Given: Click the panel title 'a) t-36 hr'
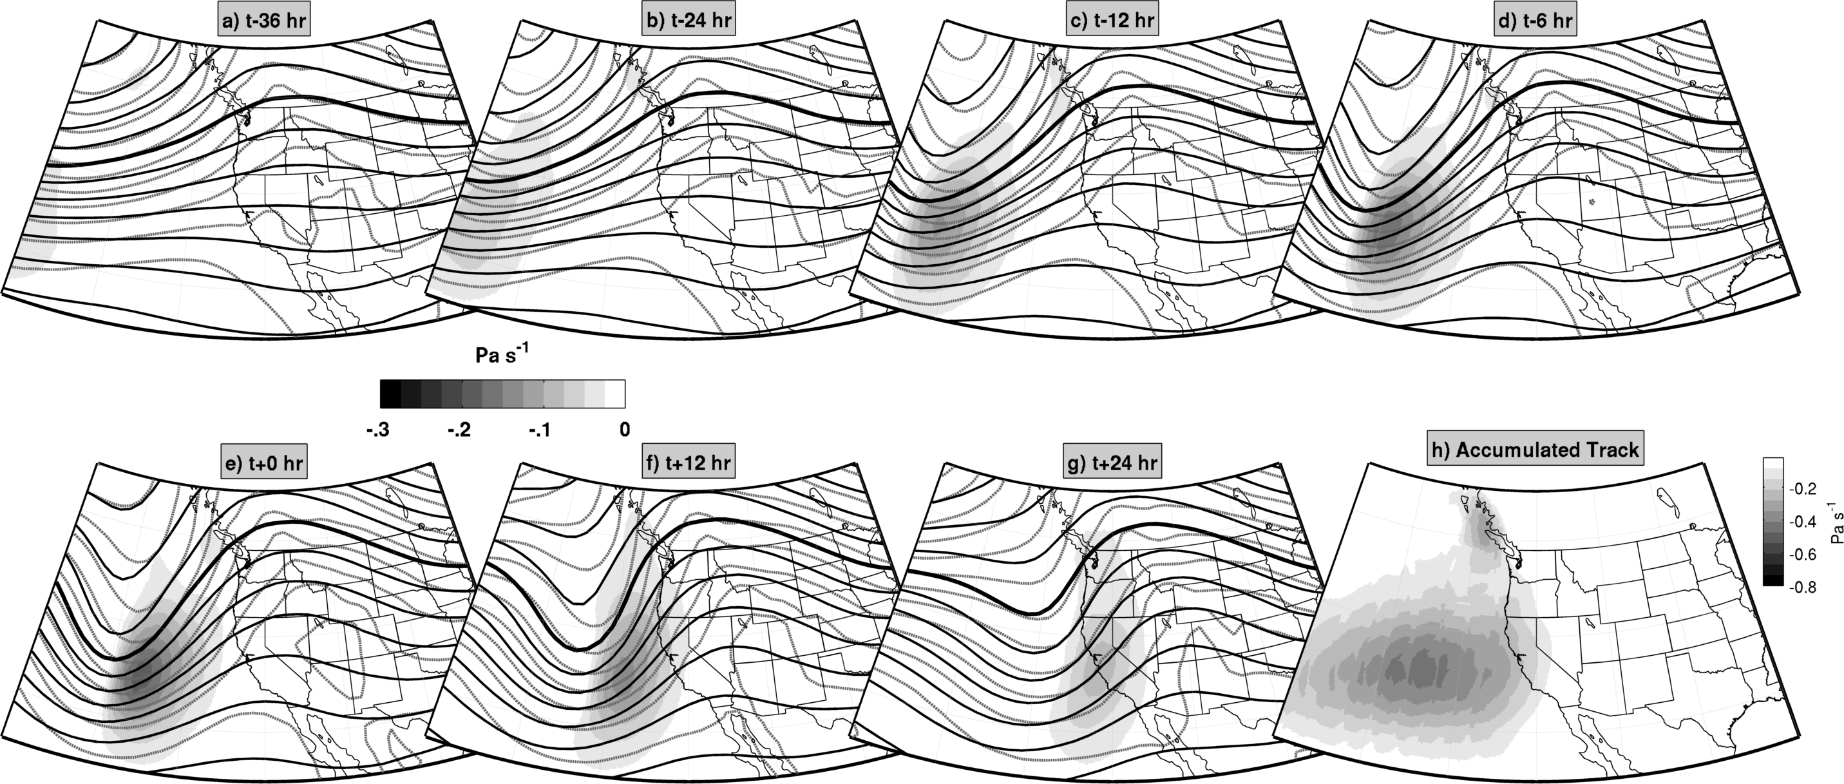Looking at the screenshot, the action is [264, 20].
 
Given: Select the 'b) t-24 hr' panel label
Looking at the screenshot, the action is [689, 20].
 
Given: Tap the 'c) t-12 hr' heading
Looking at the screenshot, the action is [1112, 20].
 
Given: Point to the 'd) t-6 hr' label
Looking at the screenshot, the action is [1536, 20].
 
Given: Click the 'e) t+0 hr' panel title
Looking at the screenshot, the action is [264, 463].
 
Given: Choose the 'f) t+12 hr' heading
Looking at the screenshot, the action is [688, 463].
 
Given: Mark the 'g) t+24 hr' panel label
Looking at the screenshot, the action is [1112, 463].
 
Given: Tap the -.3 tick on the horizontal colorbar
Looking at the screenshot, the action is [377, 430].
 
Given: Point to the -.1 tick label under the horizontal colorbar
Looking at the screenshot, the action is [540, 430].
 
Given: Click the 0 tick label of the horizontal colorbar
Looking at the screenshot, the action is [625, 430].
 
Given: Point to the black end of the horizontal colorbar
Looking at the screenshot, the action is [390, 394].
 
